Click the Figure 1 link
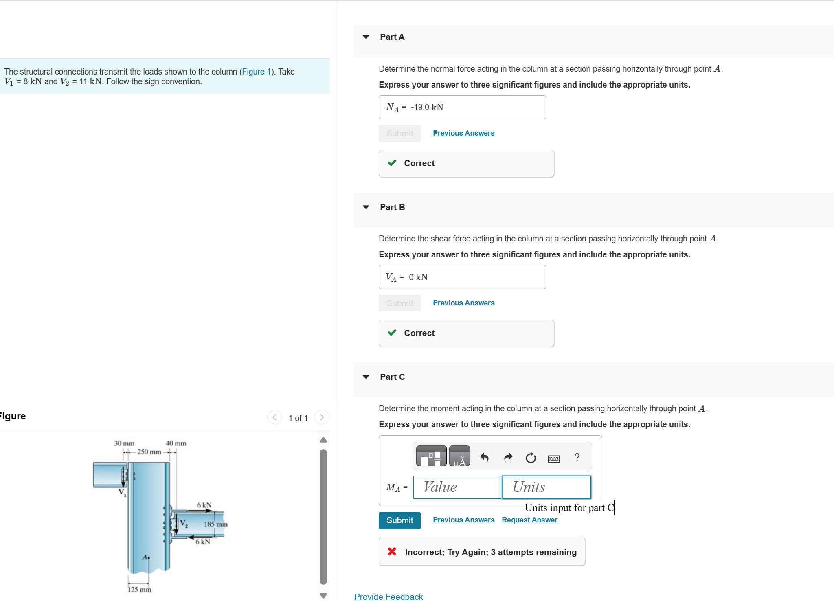(257, 72)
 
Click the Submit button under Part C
(399, 520)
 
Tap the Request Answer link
(529, 520)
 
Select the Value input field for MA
(457, 487)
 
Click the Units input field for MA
(546, 487)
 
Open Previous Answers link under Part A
(463, 133)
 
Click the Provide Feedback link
(388, 597)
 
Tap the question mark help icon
(577, 458)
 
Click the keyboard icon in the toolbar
(553, 458)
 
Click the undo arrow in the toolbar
(484, 458)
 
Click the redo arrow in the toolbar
(508, 458)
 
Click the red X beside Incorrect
(392, 552)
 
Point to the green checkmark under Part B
(392, 333)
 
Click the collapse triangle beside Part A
(366, 37)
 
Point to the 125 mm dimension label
(139, 590)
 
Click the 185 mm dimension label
(215, 524)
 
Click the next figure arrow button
(322, 417)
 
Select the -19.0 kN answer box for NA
(462, 107)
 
